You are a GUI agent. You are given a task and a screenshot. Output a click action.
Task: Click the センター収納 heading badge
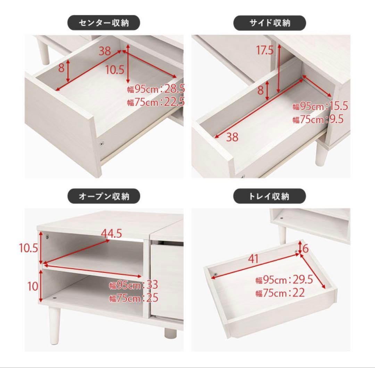(x=103, y=23)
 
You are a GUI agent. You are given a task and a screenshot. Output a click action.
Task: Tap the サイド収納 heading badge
(x=269, y=23)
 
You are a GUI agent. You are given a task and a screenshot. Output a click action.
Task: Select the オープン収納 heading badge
(x=103, y=196)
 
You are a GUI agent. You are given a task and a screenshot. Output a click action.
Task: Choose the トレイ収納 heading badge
(x=269, y=196)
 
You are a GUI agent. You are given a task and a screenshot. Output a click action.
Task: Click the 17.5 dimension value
(x=265, y=50)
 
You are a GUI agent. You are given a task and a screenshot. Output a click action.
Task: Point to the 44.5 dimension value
(x=111, y=234)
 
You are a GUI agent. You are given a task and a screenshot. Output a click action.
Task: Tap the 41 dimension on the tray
(x=253, y=259)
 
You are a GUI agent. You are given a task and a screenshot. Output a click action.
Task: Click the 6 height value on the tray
(x=306, y=249)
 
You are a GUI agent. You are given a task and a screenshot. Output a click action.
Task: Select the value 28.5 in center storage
(x=175, y=89)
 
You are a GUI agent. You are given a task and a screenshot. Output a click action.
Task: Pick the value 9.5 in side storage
(x=336, y=119)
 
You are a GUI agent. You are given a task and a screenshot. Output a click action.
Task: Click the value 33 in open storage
(x=152, y=285)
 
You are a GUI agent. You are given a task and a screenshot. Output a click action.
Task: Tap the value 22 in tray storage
(x=299, y=292)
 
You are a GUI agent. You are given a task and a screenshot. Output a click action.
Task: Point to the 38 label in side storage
(x=232, y=137)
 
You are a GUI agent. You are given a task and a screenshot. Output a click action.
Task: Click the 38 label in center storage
(x=105, y=51)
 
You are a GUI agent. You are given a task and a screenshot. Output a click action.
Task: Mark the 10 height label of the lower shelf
(x=33, y=286)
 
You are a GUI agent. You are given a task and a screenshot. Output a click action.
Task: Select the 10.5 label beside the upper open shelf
(x=29, y=248)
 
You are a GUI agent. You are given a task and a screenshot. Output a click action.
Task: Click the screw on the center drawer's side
(x=102, y=143)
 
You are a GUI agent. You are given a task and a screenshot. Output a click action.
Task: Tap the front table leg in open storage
(x=54, y=325)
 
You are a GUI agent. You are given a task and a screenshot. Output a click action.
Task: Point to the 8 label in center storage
(x=61, y=68)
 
